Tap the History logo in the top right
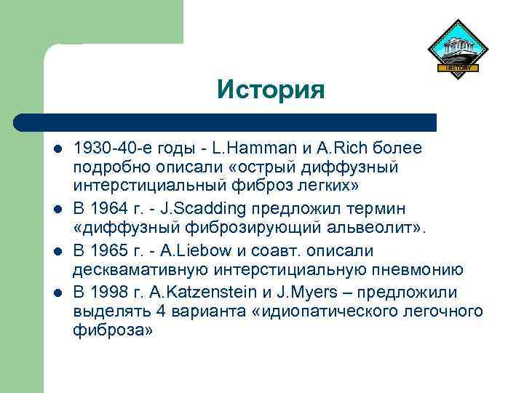(456, 47)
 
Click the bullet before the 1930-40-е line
(56, 149)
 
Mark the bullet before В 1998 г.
(56, 293)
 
